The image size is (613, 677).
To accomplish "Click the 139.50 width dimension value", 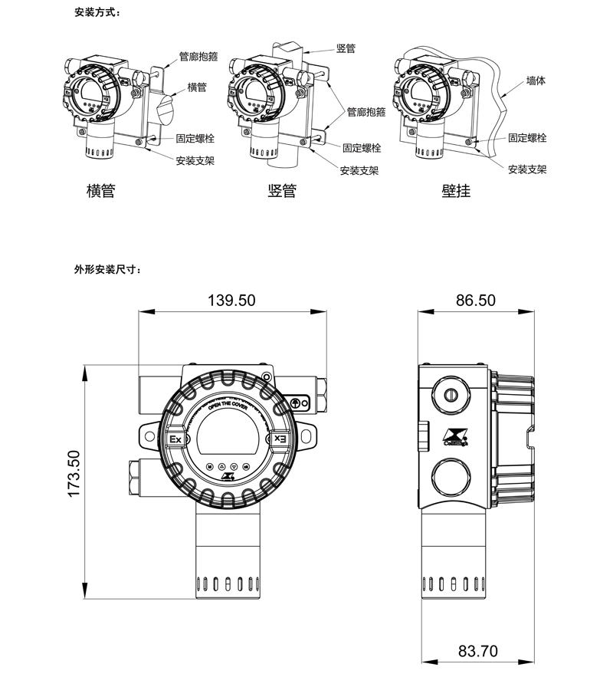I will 231,300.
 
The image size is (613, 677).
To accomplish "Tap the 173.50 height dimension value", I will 74,473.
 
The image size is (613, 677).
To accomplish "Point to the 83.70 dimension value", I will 477,652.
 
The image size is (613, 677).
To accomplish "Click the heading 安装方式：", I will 97,14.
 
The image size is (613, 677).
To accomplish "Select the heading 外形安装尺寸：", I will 108,270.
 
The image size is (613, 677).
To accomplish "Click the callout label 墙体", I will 536,80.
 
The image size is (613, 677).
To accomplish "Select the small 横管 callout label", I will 197,87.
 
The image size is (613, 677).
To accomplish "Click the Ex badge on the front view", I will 175,440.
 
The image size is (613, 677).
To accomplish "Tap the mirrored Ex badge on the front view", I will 280,440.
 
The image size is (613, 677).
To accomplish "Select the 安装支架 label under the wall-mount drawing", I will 527,169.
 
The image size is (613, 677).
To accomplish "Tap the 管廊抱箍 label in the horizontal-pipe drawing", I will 198,56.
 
